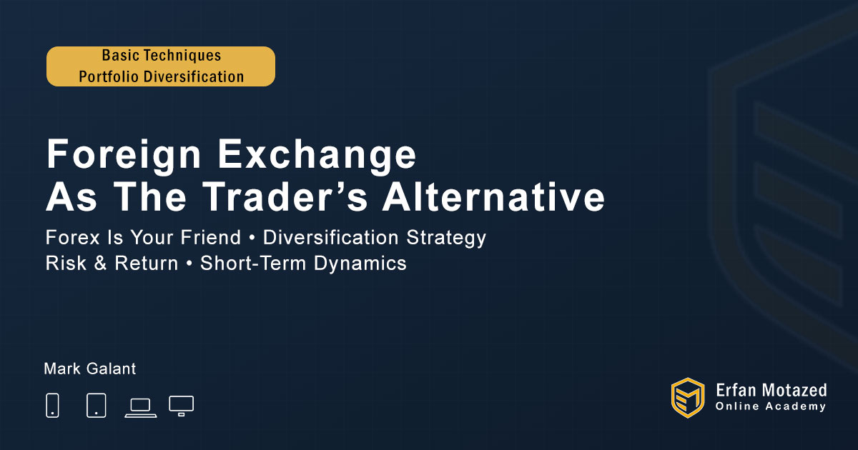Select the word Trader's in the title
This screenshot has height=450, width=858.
[285, 196]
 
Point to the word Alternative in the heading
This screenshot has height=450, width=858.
[494, 196]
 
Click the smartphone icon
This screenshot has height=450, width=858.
[52, 405]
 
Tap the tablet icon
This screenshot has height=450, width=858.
[96, 405]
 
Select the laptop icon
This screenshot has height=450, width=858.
[141, 408]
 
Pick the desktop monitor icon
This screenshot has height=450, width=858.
[181, 406]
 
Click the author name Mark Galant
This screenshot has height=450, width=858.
[90, 369]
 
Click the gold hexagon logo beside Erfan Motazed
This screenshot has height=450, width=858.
[688, 398]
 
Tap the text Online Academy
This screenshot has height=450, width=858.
[771, 406]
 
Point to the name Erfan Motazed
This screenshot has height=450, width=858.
[771, 390]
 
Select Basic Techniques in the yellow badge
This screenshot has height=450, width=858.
[162, 56]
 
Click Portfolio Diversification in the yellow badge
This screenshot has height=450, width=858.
[162, 76]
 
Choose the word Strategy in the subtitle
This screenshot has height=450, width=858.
[446, 238]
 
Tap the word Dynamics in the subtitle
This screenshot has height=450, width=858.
[360, 264]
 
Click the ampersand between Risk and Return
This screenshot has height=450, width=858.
[100, 264]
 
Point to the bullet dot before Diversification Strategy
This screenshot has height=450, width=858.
[252, 238]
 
